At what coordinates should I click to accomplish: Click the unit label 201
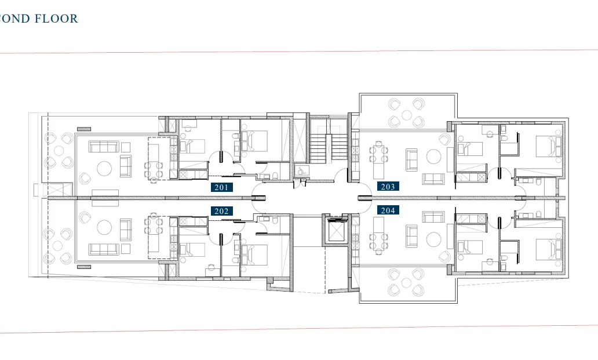tap(221, 187)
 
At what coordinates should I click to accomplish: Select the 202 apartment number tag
tap(221, 211)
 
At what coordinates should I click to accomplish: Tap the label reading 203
tap(388, 187)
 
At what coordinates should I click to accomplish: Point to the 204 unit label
tap(388, 210)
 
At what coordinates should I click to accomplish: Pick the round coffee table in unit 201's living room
tap(104, 169)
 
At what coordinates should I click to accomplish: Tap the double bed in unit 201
tap(256, 141)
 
